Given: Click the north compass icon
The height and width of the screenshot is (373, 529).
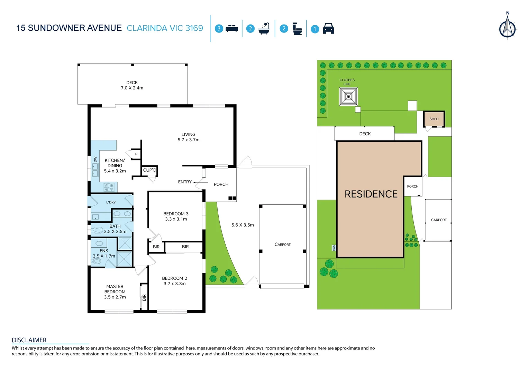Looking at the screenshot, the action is coord(507,27).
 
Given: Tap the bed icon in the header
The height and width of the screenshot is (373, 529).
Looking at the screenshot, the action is coord(231,29).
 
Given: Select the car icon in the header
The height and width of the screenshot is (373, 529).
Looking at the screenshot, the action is coord(328,29).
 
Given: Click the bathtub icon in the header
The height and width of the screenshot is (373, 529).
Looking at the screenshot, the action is coord(264,29).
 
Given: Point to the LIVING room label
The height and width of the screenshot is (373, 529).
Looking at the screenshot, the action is coord(189,137).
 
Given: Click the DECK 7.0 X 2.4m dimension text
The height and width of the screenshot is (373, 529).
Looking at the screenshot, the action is coord(132,88).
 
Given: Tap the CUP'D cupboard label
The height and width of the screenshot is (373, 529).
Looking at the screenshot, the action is coord(149,170).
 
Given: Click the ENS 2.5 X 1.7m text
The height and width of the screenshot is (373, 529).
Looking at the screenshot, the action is coord(104,254).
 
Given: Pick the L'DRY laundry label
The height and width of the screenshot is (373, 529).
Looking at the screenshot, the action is coord(111,202).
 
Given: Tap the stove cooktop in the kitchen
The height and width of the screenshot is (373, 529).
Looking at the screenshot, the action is coord(109,187).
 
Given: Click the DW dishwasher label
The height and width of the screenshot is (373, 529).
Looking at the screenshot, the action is coord(95,159).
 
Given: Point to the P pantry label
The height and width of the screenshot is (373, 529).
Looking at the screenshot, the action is coord(136,154).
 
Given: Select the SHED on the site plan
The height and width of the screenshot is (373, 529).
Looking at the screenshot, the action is coord(434,119).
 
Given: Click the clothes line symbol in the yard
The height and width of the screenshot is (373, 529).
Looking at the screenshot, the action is coord(348,96).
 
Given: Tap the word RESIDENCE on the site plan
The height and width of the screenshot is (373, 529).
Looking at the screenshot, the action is coord(371,194).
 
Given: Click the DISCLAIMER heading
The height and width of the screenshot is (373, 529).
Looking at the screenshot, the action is coord(29,340).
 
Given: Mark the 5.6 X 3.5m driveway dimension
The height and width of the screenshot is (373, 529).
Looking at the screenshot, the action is coord(243,225).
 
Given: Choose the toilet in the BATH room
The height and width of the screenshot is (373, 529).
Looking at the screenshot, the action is coord(97,230).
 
